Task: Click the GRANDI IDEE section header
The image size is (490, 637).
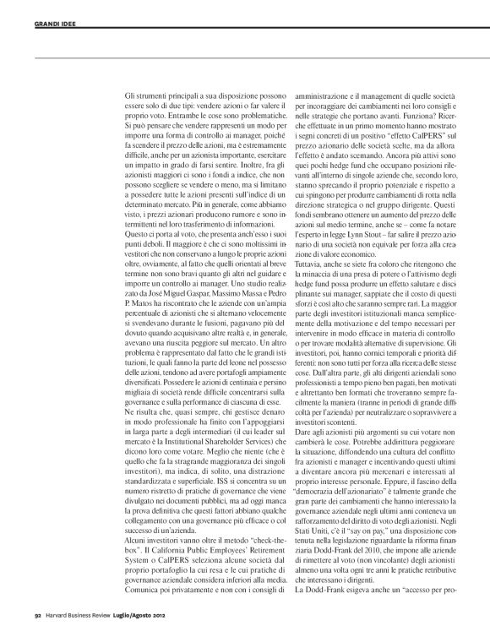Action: pos(32,12)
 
